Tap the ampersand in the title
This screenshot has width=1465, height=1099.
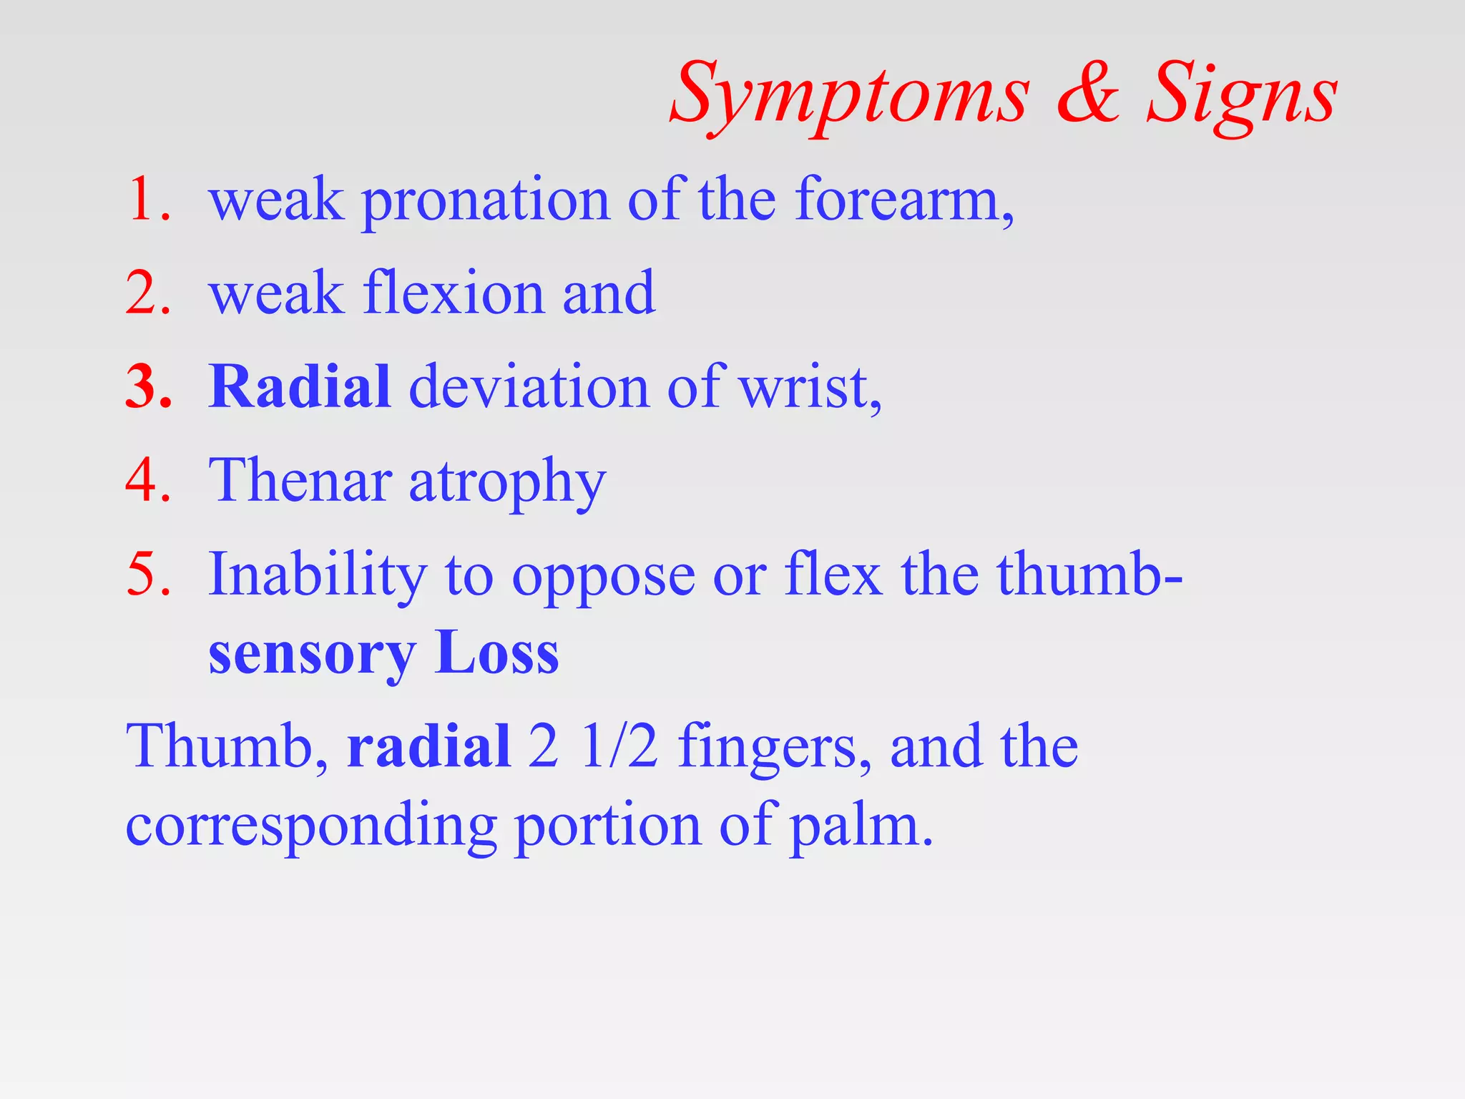tap(1088, 93)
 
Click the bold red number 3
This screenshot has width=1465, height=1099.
tap(148, 387)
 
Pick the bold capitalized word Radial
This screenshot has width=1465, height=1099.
tap(300, 387)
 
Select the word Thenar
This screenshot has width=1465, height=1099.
tap(300, 481)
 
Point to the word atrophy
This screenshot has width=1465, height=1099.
tap(507, 484)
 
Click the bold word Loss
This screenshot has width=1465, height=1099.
tap(496, 653)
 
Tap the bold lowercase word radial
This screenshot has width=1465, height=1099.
tap(428, 746)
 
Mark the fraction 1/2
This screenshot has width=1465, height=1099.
tap(619, 746)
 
